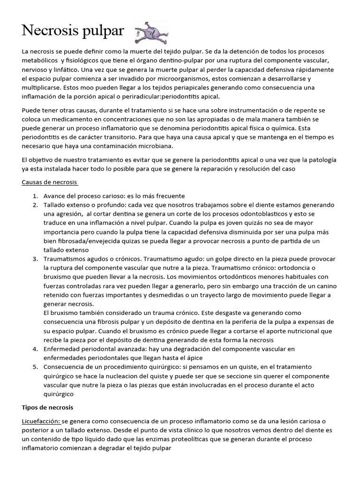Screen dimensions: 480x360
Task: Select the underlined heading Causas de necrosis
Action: tap(50, 181)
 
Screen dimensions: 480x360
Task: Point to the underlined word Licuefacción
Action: tap(41, 421)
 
